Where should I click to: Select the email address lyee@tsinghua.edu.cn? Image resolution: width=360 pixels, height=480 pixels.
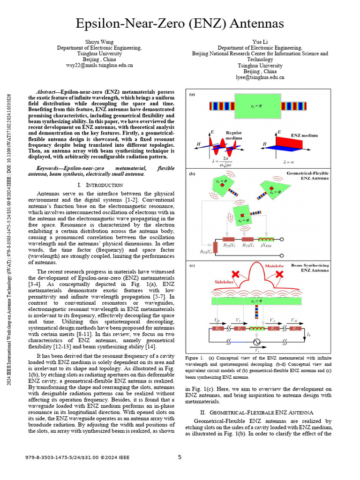[x=260, y=77]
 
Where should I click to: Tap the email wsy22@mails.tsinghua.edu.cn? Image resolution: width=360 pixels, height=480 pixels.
[x=99, y=66]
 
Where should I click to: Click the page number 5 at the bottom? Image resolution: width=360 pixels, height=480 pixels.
[x=180, y=457]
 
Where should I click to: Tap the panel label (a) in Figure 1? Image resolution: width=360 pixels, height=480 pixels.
[x=192, y=94]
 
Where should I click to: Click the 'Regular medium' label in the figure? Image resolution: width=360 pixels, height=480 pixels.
[x=234, y=135]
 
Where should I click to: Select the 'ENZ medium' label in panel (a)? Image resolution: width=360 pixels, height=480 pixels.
[x=304, y=135]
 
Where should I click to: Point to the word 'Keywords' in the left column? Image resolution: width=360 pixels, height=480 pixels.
[x=49, y=168]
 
